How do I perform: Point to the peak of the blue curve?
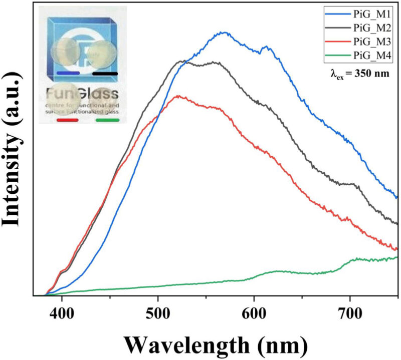point(225,33)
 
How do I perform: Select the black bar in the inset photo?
point(105,73)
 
